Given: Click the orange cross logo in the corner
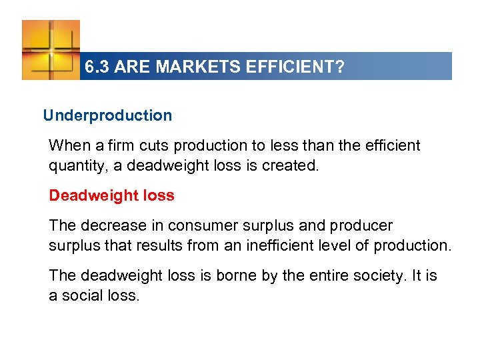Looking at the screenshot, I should tap(51, 49).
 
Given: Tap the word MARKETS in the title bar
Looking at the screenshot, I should tap(178, 67).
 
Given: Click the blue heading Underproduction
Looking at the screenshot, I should tap(107, 115).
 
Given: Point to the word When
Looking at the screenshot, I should tap(68, 145).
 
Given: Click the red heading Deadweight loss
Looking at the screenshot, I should tap(111, 195).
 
